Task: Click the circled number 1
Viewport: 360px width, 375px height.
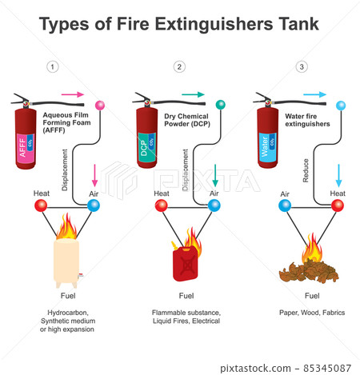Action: tap(53, 67)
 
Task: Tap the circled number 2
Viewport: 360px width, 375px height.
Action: tap(179, 67)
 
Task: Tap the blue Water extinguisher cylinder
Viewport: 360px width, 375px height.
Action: tap(269, 141)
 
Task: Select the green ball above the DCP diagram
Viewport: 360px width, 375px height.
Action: tap(221, 105)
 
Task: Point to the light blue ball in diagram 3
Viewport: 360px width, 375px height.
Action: tap(341, 105)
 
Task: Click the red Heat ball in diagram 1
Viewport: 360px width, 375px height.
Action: tap(40, 205)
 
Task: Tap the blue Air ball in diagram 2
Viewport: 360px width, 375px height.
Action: tap(214, 205)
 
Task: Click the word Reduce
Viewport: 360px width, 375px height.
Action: tap(306, 172)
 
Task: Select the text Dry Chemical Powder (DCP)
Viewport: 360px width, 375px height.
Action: tap(186, 120)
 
